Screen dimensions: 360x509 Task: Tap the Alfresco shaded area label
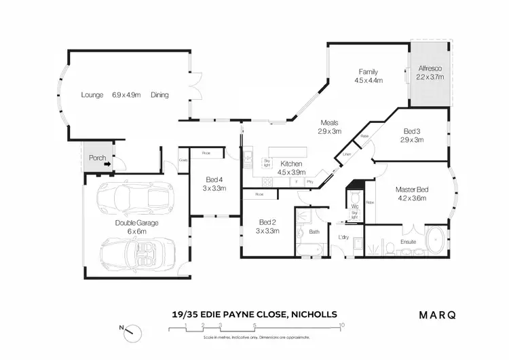430,69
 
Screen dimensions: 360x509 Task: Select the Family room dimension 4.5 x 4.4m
369,80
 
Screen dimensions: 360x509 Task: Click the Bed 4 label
214,179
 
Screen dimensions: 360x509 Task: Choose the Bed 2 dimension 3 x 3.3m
268,230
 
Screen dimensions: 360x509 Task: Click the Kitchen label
290,164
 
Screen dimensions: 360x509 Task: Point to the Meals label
329,123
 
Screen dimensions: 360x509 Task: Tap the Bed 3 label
409,131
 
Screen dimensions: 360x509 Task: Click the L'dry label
344,237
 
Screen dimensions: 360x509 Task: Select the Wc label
354,206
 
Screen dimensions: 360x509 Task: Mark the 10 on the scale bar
341,325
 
